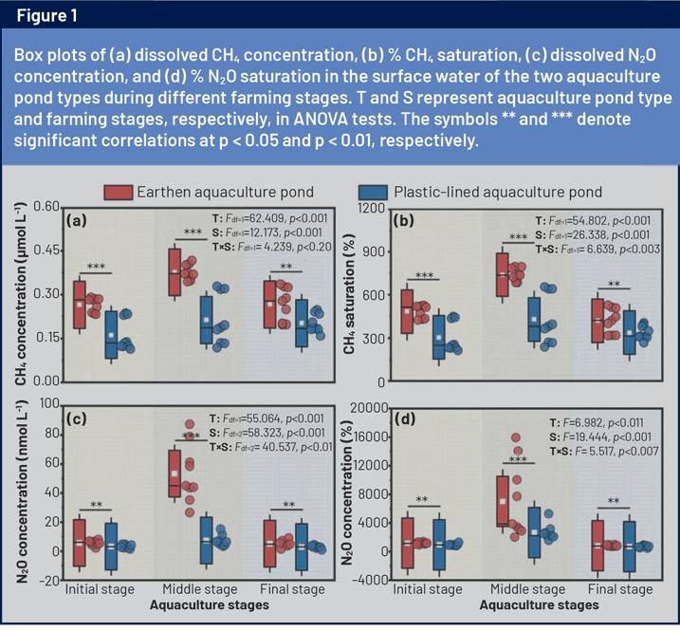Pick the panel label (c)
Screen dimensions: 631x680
77,418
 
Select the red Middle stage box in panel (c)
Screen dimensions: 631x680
175,473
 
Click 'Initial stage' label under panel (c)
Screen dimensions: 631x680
100,589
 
